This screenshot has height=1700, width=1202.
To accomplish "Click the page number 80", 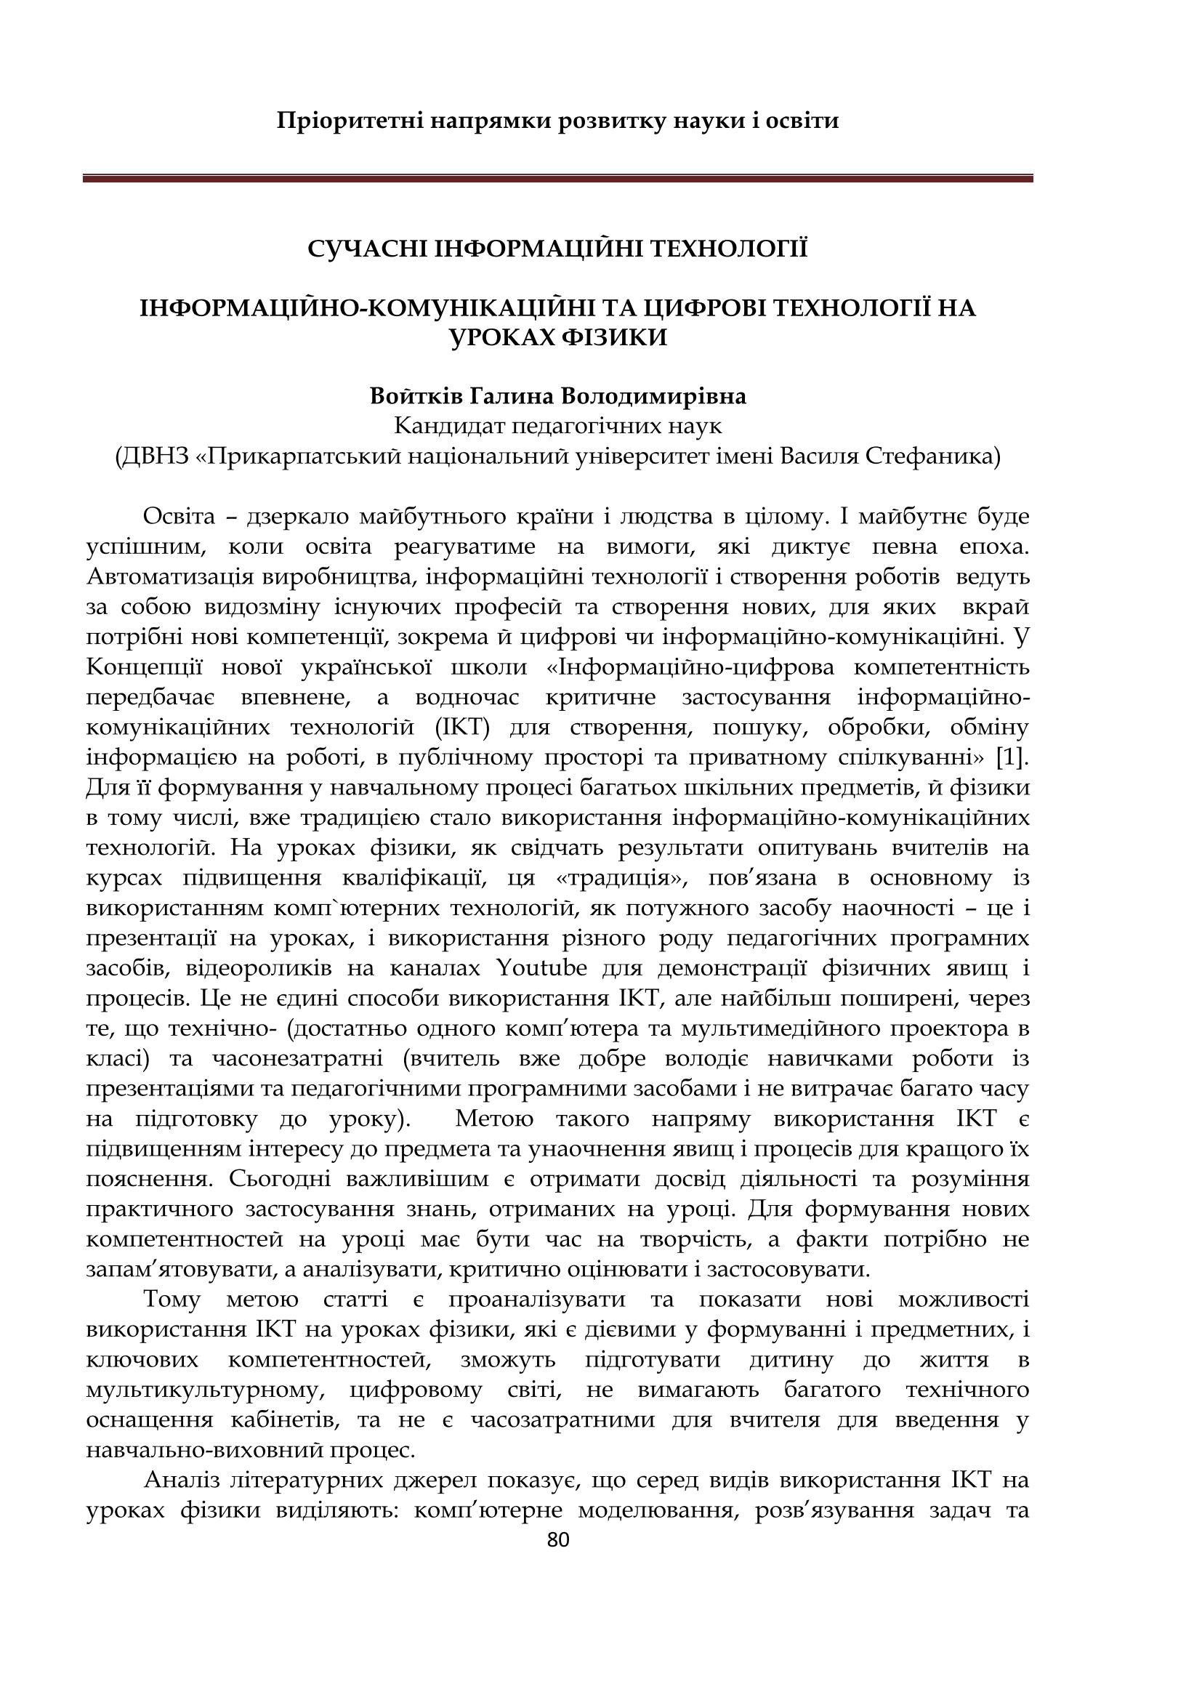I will (x=558, y=1540).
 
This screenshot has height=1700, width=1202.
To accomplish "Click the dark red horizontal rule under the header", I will (x=557, y=179).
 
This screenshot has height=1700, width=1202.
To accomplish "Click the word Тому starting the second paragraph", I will (x=172, y=1300).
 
